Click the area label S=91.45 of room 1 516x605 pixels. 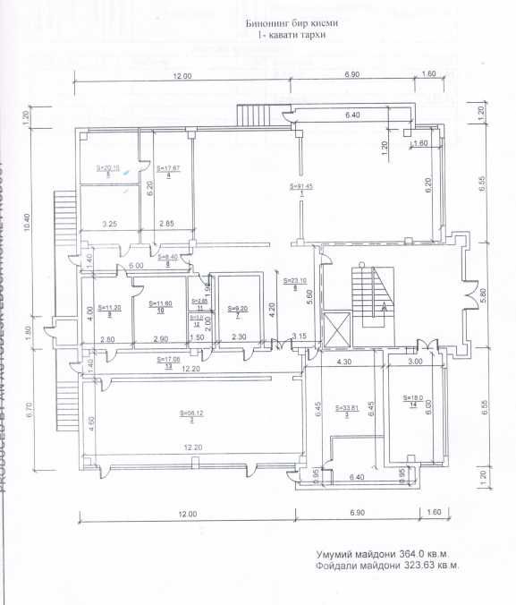pos(301,186)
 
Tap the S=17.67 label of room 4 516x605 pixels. pos(169,167)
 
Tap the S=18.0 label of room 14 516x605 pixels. pos(412,398)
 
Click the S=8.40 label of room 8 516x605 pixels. pos(168,257)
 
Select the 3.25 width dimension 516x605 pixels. pos(111,223)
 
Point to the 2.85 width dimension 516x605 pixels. pos(166,223)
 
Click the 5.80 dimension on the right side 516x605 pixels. pos(484,293)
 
